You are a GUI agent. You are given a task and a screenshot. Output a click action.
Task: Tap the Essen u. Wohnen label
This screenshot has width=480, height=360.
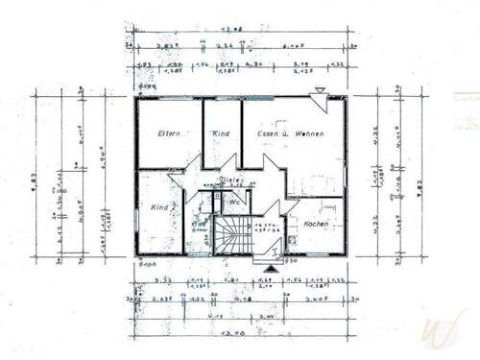294,133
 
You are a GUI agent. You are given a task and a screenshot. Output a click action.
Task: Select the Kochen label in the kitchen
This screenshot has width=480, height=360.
316,224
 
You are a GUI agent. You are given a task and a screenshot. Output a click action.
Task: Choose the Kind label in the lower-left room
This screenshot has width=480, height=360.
159,207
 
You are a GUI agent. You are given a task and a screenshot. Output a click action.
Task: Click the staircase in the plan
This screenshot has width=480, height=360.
231,236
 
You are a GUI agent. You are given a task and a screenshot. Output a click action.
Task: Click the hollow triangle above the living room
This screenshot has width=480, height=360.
318,90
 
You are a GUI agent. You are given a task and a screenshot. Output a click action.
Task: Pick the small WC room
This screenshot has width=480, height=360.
236,206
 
